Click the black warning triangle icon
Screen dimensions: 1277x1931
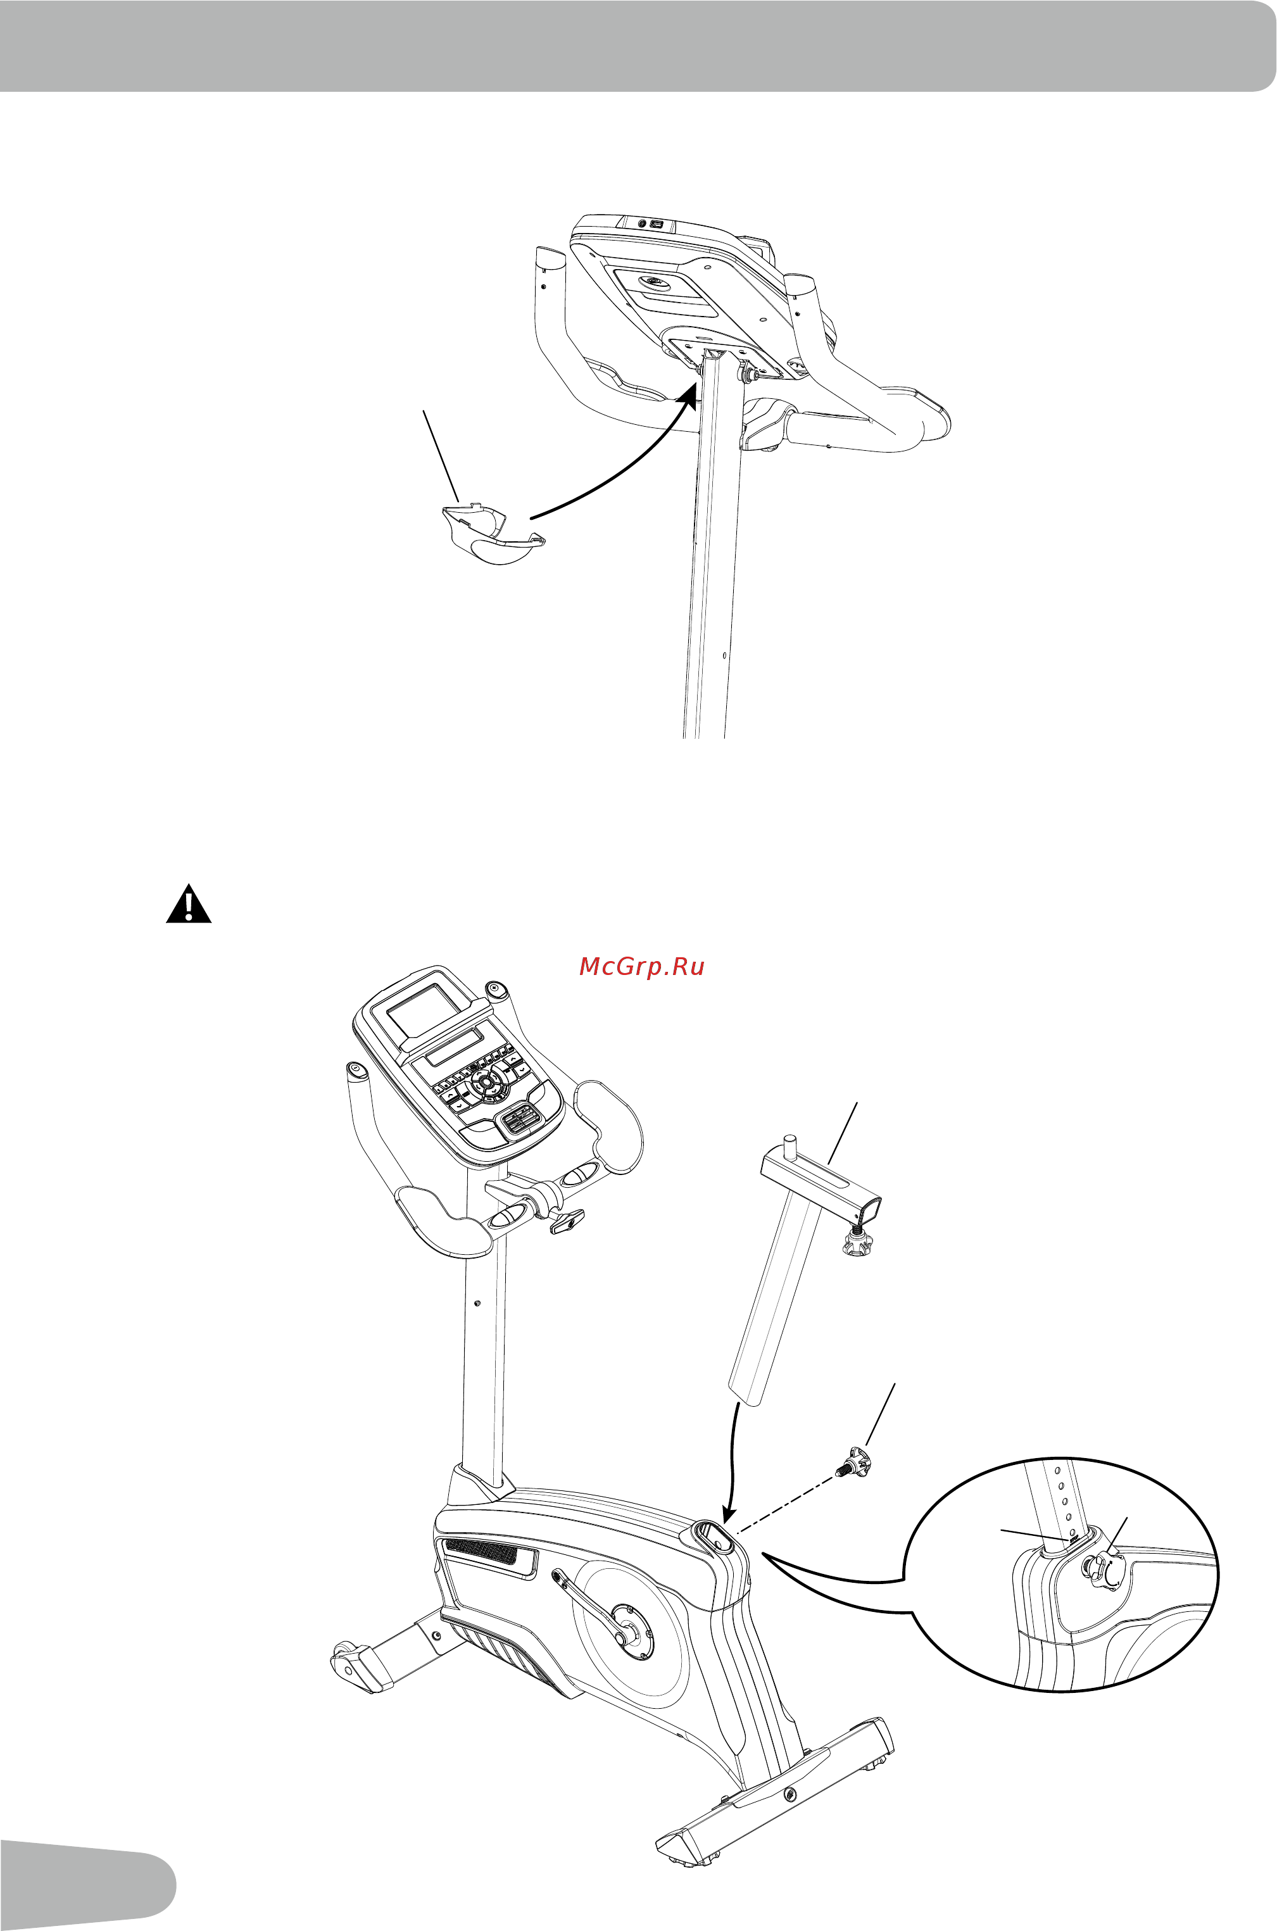[x=189, y=905]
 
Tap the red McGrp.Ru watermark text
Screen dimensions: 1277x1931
[x=642, y=967]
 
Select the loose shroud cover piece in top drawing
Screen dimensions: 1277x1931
[x=492, y=535]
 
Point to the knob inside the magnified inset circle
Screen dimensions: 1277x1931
[x=1104, y=1566]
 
